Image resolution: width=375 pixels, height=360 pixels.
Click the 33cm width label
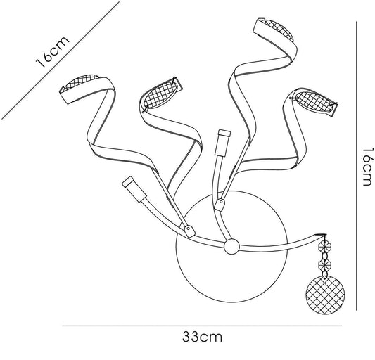pos(202,337)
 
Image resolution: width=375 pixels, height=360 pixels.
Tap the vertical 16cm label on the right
pos(367,167)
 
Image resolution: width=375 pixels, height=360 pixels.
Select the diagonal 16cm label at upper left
pos(52,52)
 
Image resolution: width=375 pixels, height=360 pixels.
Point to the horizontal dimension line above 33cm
pos(202,326)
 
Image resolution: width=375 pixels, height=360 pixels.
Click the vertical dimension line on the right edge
pos(356,166)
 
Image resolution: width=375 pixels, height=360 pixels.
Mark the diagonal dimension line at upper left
pos(61,60)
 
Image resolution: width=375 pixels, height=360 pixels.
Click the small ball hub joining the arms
pos(231,247)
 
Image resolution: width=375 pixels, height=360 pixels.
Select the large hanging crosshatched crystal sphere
pos(325,295)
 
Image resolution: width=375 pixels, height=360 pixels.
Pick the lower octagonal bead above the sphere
pos(324,264)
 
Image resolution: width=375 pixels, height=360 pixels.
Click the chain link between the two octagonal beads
pos(324,255)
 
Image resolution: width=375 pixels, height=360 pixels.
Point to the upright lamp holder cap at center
pos(223,143)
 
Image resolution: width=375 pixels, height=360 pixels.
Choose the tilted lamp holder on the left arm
pos(134,190)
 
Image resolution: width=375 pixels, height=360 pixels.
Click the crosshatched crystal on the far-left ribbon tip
pos(82,82)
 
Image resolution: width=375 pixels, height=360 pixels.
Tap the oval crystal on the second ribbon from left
pos(161,95)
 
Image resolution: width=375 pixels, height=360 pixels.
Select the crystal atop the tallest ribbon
pos(277,29)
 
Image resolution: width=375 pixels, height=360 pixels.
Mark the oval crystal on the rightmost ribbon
pos(314,102)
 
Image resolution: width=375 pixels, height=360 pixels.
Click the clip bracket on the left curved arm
pos(190,231)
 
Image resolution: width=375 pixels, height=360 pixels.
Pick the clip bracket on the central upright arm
pos(220,205)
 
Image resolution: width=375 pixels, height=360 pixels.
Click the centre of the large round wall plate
pos(231,247)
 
